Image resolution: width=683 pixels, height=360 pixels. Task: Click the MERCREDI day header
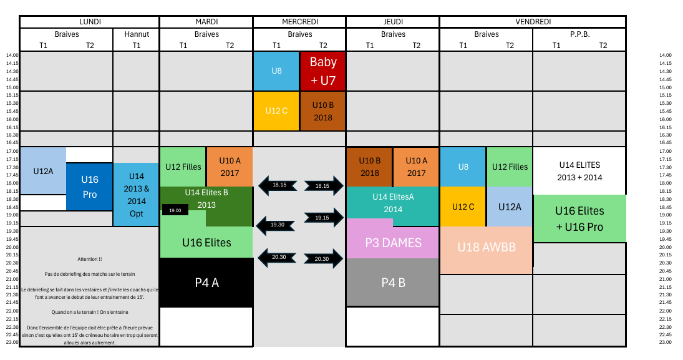[x=299, y=22]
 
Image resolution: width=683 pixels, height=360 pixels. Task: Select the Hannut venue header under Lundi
[x=137, y=34]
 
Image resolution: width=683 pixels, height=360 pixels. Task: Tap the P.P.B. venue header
[x=579, y=34]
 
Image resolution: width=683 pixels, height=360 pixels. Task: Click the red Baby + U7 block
[x=322, y=71]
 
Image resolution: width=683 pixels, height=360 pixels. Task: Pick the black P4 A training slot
[x=206, y=283]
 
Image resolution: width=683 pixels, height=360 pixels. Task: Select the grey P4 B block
[x=393, y=283]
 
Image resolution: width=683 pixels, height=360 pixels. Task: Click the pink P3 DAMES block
[x=393, y=242]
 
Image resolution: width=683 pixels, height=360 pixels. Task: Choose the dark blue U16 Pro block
[x=90, y=187]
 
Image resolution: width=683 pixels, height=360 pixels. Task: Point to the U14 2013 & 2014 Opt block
[x=137, y=195]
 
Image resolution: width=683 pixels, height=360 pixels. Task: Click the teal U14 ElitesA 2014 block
[x=393, y=203]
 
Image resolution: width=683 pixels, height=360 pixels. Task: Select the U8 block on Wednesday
[x=276, y=71]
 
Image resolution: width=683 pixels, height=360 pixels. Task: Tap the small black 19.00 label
[x=175, y=210]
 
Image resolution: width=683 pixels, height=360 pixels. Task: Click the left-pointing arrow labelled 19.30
[x=276, y=225]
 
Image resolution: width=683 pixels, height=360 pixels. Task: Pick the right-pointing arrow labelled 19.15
[x=324, y=218]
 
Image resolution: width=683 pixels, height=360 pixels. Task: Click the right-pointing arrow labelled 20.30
[x=323, y=259]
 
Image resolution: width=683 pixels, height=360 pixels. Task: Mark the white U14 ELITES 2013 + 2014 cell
[x=579, y=171]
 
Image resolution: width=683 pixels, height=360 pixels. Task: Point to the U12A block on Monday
[x=43, y=171]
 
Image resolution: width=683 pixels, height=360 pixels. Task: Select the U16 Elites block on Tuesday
[x=206, y=242]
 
